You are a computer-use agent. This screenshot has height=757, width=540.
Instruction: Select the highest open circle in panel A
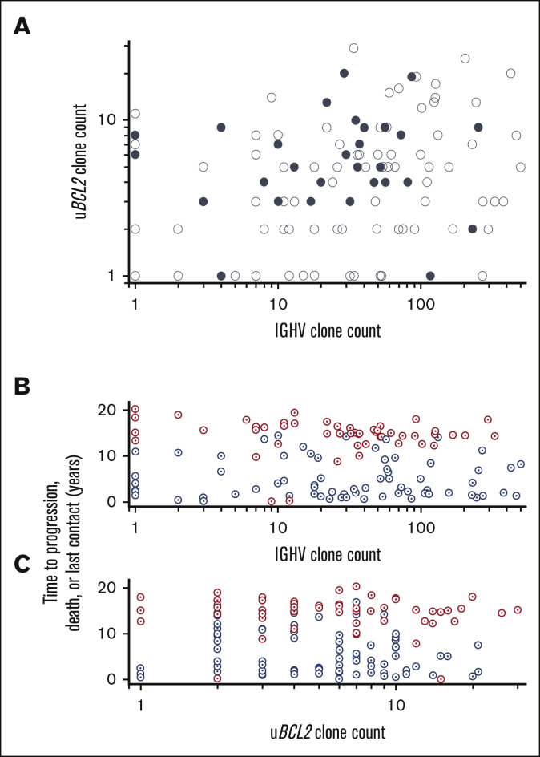353,48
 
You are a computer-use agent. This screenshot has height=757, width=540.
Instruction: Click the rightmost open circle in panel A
521,167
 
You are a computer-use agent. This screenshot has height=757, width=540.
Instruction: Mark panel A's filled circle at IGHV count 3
204,201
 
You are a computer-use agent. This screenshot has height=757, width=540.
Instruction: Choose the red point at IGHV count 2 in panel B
178,415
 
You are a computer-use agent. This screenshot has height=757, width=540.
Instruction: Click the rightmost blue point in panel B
521,464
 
